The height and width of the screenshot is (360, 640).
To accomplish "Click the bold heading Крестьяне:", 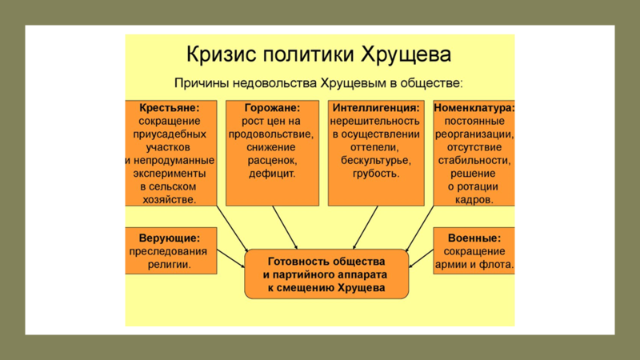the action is pyautogui.click(x=170, y=108).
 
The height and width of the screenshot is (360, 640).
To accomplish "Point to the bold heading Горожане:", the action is pyautogui.click(x=272, y=108).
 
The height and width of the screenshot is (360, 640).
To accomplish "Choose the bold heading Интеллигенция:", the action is pyautogui.click(x=376, y=108).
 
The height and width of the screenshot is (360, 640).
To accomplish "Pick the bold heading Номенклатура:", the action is pyautogui.click(x=474, y=108).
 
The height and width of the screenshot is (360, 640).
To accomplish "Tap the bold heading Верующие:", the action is pyautogui.click(x=170, y=238).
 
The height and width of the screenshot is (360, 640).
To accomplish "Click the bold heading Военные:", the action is pyautogui.click(x=474, y=238).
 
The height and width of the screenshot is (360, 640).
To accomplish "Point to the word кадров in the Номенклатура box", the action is pyautogui.click(x=474, y=200).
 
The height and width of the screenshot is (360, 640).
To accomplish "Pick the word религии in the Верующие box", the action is pyautogui.click(x=170, y=265).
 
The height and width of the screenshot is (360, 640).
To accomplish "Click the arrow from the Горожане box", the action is pyautogui.click(x=285, y=227).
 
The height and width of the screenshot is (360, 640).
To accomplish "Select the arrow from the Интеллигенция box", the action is pyautogui.click(x=366, y=227).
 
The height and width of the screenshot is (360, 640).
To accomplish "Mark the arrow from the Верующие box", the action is pyautogui.click(x=231, y=258).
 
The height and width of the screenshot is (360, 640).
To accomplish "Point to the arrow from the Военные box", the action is pyautogui.click(x=421, y=258).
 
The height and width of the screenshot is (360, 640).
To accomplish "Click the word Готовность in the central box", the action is pyautogui.click(x=295, y=262).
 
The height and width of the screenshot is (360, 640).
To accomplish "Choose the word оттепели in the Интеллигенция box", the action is pyautogui.click(x=374, y=148).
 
